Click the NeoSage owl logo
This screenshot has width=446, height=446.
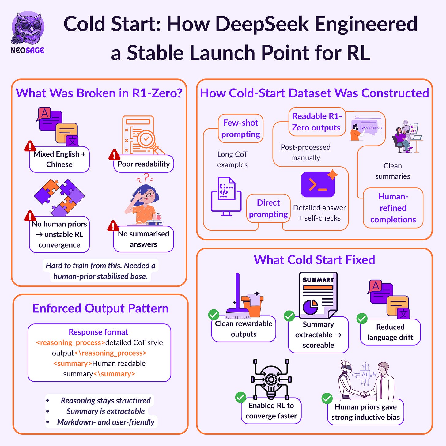[28, 29]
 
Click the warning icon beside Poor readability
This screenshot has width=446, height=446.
[114, 155]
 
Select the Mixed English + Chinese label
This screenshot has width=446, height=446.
[59, 159]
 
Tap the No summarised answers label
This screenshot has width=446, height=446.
[143, 239]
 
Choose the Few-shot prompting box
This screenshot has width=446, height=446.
[241, 129]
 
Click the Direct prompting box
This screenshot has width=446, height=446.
[268, 209]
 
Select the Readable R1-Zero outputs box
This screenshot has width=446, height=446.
[316, 122]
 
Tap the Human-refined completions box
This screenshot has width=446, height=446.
[393, 208]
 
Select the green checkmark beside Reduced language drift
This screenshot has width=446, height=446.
[362, 319]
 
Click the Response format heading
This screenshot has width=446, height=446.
[98, 332]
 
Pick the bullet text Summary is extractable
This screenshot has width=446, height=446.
[106, 411]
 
